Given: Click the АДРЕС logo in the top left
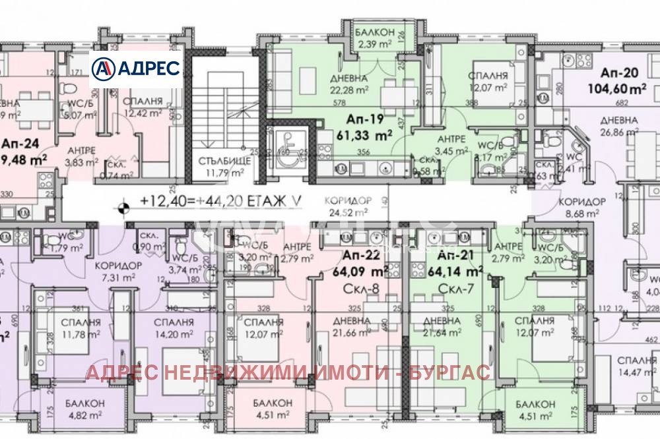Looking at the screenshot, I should tap(136, 67).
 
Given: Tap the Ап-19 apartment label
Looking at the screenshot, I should tap(367, 121).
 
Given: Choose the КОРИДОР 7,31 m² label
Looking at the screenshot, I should tap(118, 270).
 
